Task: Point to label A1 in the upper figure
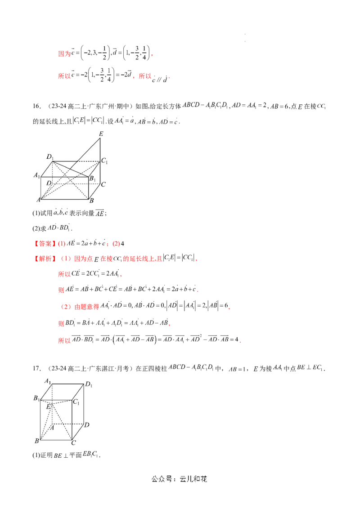tap(37, 175)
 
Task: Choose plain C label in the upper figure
tap(103, 184)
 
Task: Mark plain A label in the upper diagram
tap(38, 200)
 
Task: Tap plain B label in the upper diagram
tap(91, 201)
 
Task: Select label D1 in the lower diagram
tap(89, 384)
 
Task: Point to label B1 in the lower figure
tap(37, 398)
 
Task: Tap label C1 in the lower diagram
tap(76, 402)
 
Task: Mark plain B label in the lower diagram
tap(37, 441)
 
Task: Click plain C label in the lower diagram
tap(73, 443)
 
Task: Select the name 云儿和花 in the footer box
tap(193, 479)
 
